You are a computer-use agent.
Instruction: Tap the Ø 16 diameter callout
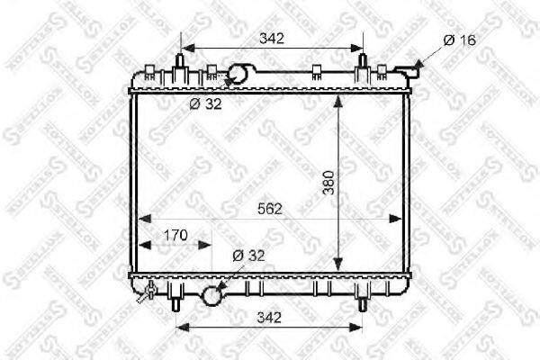coord(460,39)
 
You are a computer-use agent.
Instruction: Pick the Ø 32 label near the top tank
coord(204,103)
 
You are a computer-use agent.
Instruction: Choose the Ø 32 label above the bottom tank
coord(248,256)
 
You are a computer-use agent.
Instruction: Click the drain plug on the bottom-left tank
coord(149,291)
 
